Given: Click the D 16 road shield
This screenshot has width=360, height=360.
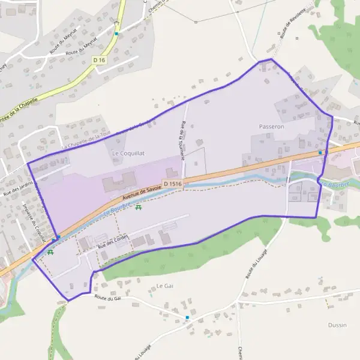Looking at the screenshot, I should [99, 60].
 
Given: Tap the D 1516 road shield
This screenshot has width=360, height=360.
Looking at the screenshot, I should [172, 184].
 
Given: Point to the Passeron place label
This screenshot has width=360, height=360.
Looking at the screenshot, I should [271, 127].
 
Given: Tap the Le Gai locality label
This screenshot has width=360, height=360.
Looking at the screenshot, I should [164, 286].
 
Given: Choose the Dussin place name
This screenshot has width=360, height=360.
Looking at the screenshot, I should [337, 325].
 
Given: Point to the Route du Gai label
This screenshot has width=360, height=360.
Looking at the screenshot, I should [108, 298].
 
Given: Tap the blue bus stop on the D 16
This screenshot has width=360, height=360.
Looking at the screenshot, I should [116, 34].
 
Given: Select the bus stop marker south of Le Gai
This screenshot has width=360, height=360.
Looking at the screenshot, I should [187, 317].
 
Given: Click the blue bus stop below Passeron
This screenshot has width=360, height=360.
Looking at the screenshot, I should [320, 152].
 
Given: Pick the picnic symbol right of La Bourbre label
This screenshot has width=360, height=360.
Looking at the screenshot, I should [139, 208].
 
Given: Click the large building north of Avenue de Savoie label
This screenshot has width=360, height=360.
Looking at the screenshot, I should [119, 182].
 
